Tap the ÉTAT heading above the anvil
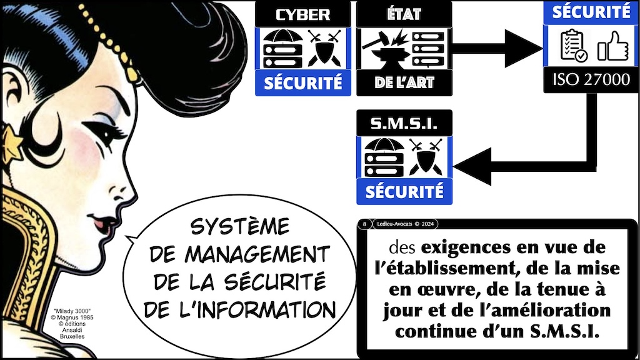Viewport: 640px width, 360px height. tap(404, 14)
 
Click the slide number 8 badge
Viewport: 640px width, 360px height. tap(363, 223)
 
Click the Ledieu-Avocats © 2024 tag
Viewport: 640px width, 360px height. tap(404, 223)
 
